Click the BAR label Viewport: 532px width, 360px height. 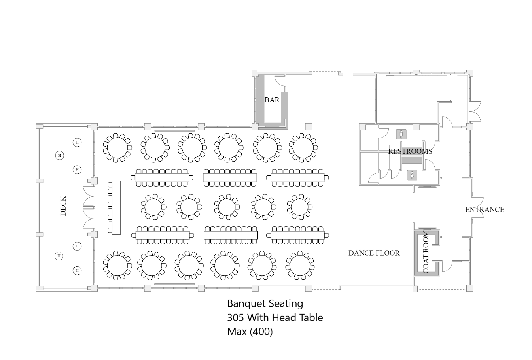tap(272, 100)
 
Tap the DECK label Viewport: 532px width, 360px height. tap(63, 206)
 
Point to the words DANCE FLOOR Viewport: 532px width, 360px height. tap(374, 253)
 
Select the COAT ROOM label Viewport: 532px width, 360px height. tap(426, 252)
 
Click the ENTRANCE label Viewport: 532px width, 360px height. tap(485, 209)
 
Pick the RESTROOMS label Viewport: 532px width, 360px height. tap(410, 151)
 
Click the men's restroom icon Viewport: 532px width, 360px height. tap(401, 134)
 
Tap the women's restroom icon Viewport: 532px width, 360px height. tap(412, 175)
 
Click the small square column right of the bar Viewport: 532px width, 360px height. tap(309, 127)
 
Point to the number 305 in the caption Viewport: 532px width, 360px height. tap(235, 318)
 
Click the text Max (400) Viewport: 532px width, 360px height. tap(250, 332)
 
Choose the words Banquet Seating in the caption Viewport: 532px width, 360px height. tap(265, 303)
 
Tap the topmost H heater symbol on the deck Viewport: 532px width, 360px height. tap(77, 142)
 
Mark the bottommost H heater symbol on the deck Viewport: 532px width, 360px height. tap(77, 271)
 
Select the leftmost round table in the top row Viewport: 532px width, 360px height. tap(117, 148)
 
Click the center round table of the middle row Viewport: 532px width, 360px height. tap(226, 207)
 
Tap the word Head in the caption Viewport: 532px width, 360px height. tap(283, 318)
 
